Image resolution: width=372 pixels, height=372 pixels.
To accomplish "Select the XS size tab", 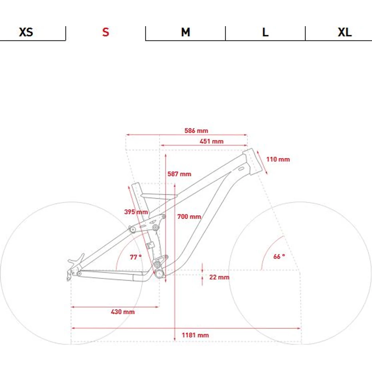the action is pyautogui.click(x=26, y=32).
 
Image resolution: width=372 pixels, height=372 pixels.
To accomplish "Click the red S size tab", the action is pyautogui.click(x=106, y=32).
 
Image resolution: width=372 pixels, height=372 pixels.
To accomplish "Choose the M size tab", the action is pyautogui.click(x=186, y=32).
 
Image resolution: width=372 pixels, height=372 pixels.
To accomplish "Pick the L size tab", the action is pyautogui.click(x=265, y=32).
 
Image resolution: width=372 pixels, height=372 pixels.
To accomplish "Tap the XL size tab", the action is pyautogui.click(x=345, y=32).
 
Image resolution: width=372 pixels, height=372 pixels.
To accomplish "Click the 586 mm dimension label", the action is pyautogui.click(x=196, y=131).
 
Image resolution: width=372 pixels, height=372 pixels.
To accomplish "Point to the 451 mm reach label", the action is pyautogui.click(x=211, y=141).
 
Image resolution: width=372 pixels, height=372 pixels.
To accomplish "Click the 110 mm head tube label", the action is pyautogui.click(x=278, y=159).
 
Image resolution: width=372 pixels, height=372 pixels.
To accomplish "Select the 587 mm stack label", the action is pyautogui.click(x=179, y=174).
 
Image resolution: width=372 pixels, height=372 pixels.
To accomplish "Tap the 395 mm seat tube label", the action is pyautogui.click(x=136, y=212).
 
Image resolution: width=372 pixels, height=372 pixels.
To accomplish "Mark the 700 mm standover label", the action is pyautogui.click(x=189, y=217).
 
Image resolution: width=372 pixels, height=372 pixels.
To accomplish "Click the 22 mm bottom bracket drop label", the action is pyautogui.click(x=219, y=277).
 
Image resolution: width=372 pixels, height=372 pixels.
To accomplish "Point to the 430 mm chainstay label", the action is pyautogui.click(x=123, y=312).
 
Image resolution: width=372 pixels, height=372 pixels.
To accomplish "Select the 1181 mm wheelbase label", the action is pyautogui.click(x=195, y=335).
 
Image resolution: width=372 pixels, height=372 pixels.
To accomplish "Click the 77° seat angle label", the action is pyautogui.click(x=136, y=257).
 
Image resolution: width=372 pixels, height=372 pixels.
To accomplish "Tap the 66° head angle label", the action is pyautogui.click(x=279, y=256).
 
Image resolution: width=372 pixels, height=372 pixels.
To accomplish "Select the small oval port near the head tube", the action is pyautogui.click(x=241, y=169).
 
